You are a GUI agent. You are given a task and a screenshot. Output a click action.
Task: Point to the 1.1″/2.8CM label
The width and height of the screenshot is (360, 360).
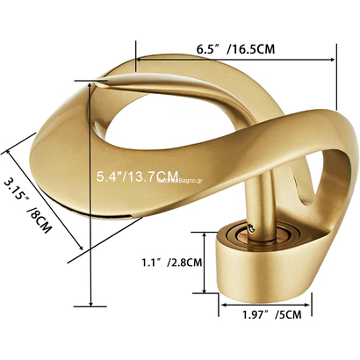(173, 261)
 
